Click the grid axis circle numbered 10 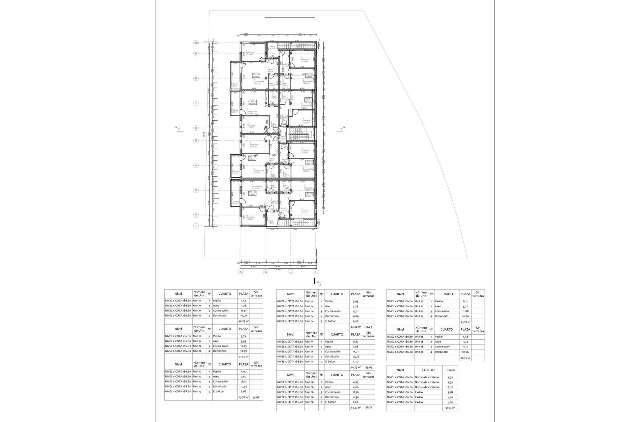(196, 43)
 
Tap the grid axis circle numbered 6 (196, 128)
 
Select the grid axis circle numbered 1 (196, 226)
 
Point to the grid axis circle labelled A (241, 272)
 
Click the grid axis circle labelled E (316, 272)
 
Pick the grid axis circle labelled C (291, 272)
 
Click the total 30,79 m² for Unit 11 (243, 321)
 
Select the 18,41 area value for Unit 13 (243, 381)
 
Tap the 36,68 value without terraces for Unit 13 (256, 398)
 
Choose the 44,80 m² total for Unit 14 (355, 327)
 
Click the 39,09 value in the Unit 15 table (368, 367)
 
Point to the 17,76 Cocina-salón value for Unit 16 (355, 392)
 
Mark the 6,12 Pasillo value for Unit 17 (465, 301)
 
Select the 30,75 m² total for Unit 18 (465, 358)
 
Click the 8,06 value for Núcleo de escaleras (450, 387)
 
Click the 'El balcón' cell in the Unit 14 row (330, 321)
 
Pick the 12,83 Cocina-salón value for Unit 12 (243, 346)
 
